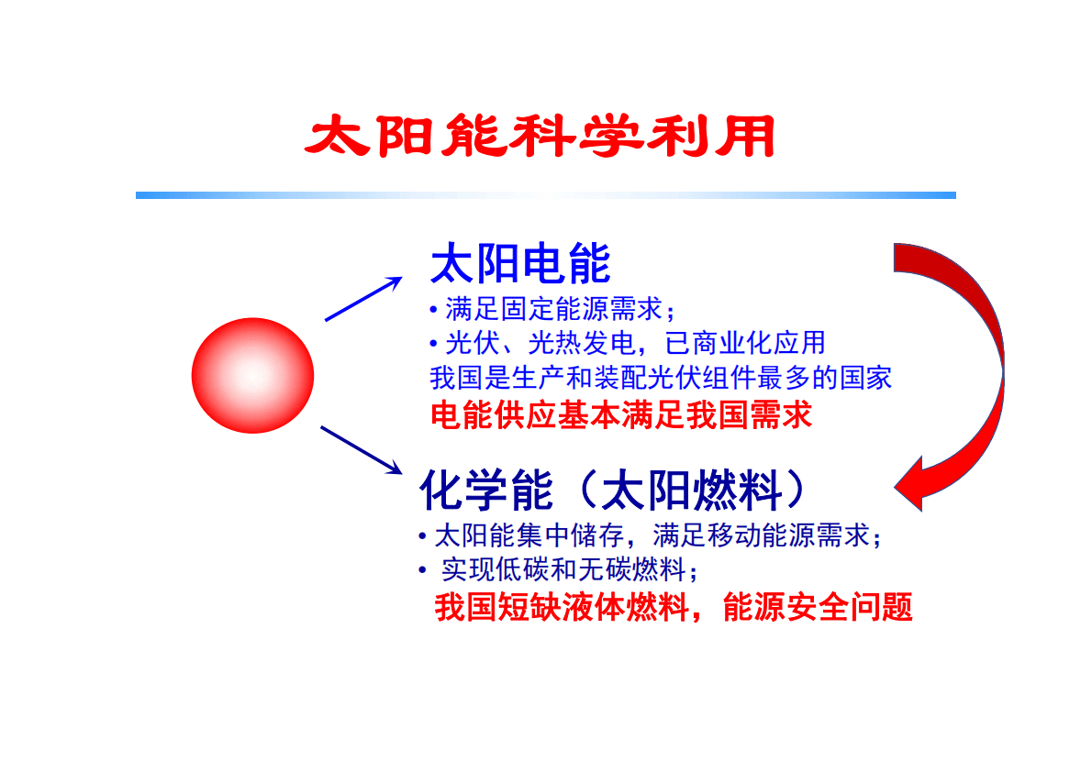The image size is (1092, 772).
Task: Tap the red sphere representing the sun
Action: click(x=252, y=375)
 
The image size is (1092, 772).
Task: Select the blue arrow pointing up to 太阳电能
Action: click(x=363, y=298)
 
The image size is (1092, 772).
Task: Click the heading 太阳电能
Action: click(x=520, y=265)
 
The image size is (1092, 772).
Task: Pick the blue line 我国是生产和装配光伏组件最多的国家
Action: click(x=661, y=378)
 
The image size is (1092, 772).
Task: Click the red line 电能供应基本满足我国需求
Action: click(x=621, y=415)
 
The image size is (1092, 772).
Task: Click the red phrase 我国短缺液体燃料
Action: click(x=562, y=608)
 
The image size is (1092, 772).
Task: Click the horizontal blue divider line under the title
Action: click(x=545, y=195)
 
